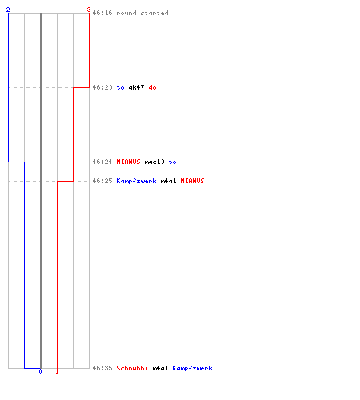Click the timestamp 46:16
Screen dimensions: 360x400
coord(102,13)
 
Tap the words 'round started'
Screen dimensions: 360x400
coord(142,13)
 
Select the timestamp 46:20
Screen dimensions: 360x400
coord(102,87)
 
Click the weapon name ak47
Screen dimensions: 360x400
coord(136,87)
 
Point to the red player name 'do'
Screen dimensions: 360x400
coord(152,87)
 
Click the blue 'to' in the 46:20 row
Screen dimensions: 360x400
coord(120,87)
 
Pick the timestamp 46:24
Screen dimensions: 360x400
coord(102,162)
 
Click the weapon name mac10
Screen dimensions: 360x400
coord(154,162)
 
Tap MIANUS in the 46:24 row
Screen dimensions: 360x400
coord(128,162)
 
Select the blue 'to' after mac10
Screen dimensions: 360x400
coord(172,162)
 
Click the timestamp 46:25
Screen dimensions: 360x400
coord(102,181)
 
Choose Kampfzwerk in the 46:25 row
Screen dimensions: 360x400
coord(136,181)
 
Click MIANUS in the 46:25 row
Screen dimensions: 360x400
coord(192,181)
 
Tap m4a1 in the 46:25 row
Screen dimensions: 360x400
coord(168,181)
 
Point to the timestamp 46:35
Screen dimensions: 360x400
coord(102,368)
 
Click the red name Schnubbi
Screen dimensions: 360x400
coord(132,368)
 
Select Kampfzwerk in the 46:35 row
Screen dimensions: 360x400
coord(192,368)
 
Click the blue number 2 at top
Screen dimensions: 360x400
coord(8,10)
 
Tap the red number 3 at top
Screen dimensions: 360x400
coord(89,10)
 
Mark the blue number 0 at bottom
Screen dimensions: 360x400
coord(40,371)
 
